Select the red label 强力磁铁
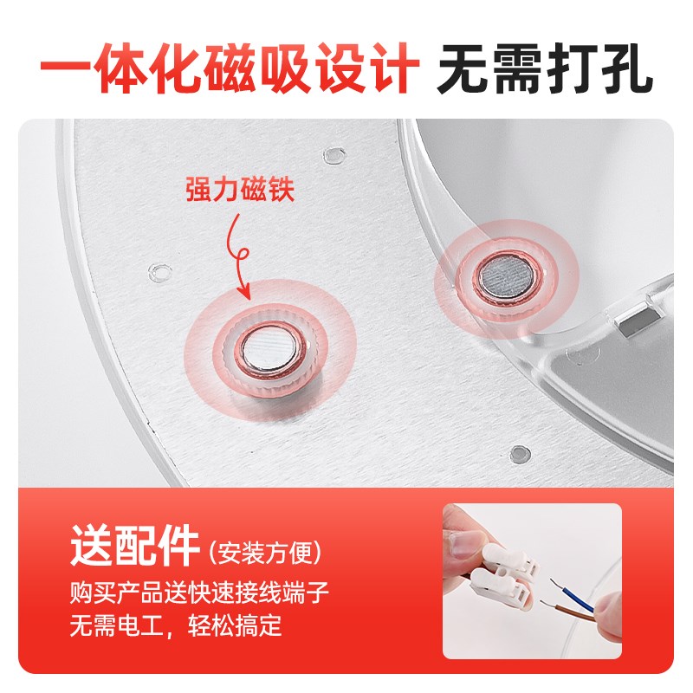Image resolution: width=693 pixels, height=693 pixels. coord(240,190)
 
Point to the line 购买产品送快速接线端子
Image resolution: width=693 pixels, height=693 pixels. coord(199,593)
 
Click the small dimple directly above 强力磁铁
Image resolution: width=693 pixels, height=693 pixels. coord(333,155)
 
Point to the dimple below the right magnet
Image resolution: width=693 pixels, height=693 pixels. coord(519,452)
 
